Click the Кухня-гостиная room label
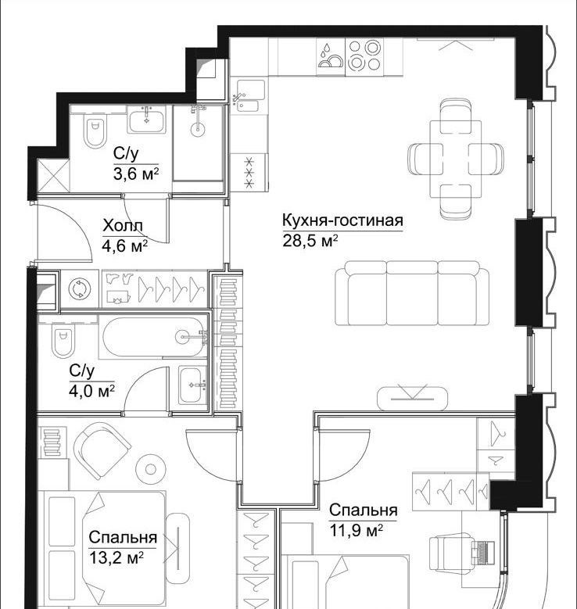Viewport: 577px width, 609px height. (342, 220)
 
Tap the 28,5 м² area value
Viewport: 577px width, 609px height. (310, 241)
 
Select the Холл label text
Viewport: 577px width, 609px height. (123, 226)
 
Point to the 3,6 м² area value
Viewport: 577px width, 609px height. (136, 174)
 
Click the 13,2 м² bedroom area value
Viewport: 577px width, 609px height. (116, 558)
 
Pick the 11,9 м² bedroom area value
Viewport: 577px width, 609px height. (357, 530)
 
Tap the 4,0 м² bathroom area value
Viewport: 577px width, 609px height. (91, 391)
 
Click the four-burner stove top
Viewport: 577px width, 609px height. (364, 56)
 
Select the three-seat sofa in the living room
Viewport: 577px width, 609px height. (412, 293)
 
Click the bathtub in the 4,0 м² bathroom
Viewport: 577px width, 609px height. (153, 337)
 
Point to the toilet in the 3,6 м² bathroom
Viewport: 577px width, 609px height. (95, 130)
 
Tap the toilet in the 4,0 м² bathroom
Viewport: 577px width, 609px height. (63, 341)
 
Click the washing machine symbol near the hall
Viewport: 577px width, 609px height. (80, 289)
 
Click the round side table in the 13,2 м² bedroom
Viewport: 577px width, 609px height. (151, 469)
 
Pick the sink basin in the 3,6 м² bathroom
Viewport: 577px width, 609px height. (147, 120)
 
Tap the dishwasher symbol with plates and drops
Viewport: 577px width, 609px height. (330, 56)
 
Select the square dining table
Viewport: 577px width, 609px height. (456, 159)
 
